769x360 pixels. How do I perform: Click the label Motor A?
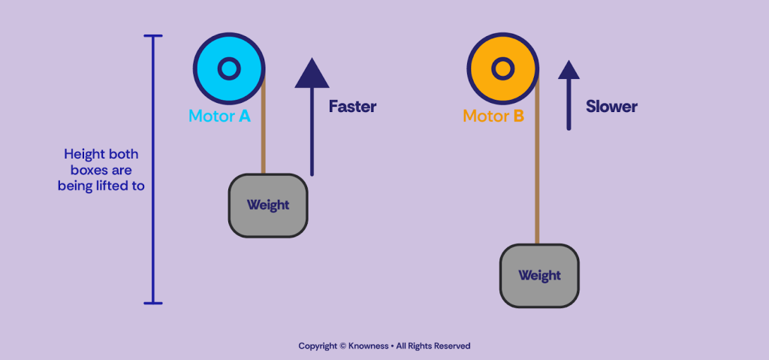219,116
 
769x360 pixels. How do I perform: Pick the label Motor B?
493,116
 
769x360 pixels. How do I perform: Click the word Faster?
352,107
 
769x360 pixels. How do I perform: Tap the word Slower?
611,107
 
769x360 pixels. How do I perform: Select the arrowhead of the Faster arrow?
312,74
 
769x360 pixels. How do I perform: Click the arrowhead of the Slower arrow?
568,70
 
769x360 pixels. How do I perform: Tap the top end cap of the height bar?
153,36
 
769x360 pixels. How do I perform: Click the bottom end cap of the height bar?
153,303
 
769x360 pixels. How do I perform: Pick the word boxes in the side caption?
80,170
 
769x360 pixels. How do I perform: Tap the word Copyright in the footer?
318,346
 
